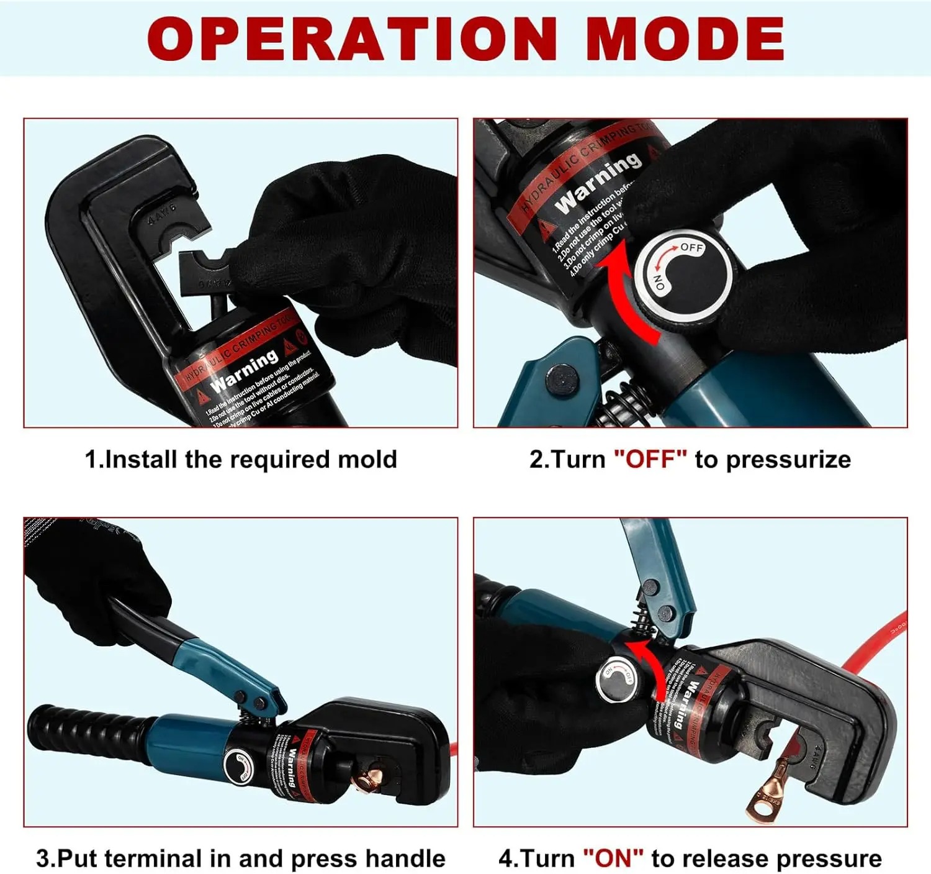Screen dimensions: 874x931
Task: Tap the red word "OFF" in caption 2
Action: coord(650,460)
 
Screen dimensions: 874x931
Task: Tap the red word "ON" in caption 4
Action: coord(613,858)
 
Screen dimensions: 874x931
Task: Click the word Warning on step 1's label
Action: coord(245,371)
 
